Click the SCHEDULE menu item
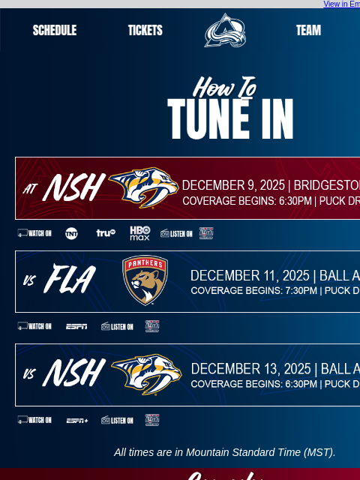[x=55, y=31]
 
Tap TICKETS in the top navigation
[x=145, y=31]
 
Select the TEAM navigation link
[x=308, y=31]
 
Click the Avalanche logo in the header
[x=225, y=31]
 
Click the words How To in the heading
[x=224, y=88]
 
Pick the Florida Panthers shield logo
[x=145, y=280]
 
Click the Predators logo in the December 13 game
[x=146, y=374]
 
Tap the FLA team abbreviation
[x=69, y=280]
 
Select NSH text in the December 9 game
[x=73, y=188]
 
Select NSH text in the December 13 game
[x=73, y=373]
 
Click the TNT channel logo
[x=71, y=233]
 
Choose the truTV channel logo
[x=106, y=233]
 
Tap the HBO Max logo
[x=140, y=233]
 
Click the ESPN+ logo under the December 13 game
[x=76, y=420]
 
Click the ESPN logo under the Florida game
[x=76, y=326]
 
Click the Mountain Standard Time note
[x=225, y=452]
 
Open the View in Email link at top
[x=341, y=4]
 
